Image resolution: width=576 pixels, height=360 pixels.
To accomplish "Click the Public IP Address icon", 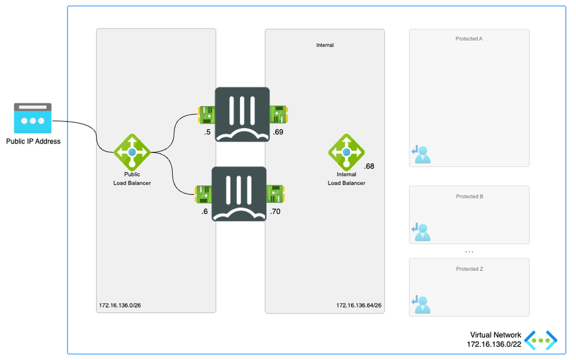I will [x=32, y=118].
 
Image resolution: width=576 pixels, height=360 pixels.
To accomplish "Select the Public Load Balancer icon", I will [x=132, y=152].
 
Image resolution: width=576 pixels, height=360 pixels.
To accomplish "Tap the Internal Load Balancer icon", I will [x=347, y=152].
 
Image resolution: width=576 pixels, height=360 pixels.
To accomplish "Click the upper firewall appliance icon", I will [x=242, y=115].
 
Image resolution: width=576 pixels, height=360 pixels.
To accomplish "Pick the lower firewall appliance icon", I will [x=240, y=193].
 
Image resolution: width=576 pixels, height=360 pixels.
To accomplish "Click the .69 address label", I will [x=279, y=133].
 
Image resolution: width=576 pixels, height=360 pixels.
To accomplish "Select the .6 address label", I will [x=204, y=212].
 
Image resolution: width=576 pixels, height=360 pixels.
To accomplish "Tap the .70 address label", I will [x=276, y=212].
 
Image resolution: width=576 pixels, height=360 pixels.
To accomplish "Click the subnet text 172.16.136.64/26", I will [x=359, y=306].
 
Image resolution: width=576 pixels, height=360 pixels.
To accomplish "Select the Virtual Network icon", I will [x=540, y=340].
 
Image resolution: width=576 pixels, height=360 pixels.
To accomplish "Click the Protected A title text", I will [x=469, y=39].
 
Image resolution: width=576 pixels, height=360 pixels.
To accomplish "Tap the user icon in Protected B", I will [x=421, y=231].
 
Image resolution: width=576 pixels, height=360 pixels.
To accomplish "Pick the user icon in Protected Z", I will [x=421, y=304].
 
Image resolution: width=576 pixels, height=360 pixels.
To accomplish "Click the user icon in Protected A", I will [x=421, y=154].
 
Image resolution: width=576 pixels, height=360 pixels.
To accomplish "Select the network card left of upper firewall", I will [x=206, y=114].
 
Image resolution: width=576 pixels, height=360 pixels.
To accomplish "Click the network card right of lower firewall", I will [x=276, y=193].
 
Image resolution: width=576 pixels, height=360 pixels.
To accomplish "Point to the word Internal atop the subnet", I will [x=325, y=45].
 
